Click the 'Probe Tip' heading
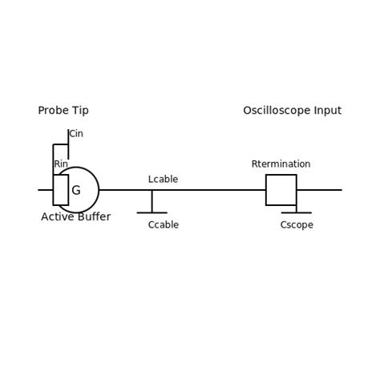63,111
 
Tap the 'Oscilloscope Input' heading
292,111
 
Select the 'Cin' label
76,134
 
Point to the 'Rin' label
61,164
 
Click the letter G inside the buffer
76,191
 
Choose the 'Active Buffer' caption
75,217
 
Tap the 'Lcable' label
163,180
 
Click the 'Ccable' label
163,225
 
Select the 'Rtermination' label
281,164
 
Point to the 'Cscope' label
297,225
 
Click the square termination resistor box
281,190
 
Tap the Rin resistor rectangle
61,190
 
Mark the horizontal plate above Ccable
152,212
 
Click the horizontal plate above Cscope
296,212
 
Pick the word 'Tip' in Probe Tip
79,111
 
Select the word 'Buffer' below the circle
94,217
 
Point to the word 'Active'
57,217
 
